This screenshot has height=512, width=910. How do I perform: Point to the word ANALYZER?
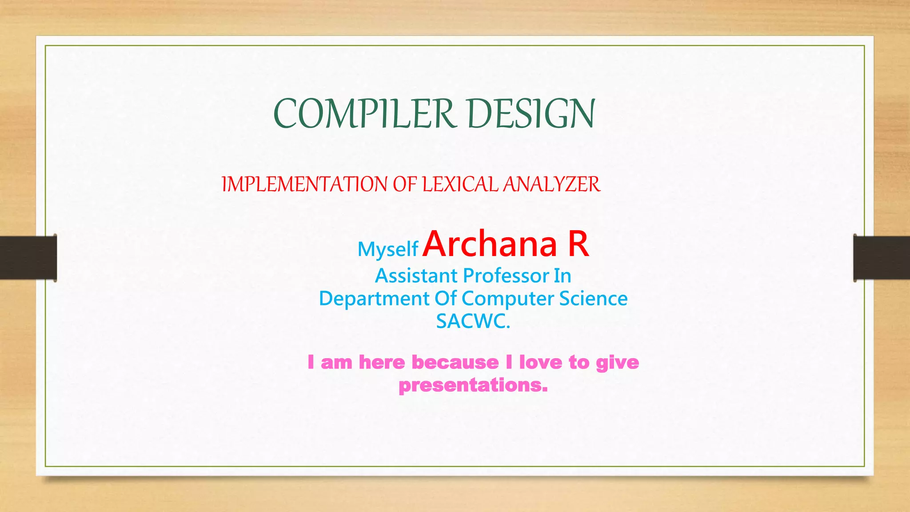pos(551,184)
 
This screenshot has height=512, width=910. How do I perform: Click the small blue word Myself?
pos(387,249)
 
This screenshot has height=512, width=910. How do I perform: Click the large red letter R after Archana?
pos(578,244)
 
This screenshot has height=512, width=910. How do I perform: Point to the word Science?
pos(593,299)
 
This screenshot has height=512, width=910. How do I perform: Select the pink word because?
pos(455,362)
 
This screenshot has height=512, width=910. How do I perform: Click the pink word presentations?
pos(473,385)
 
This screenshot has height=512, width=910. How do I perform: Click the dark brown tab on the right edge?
pos(882,258)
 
